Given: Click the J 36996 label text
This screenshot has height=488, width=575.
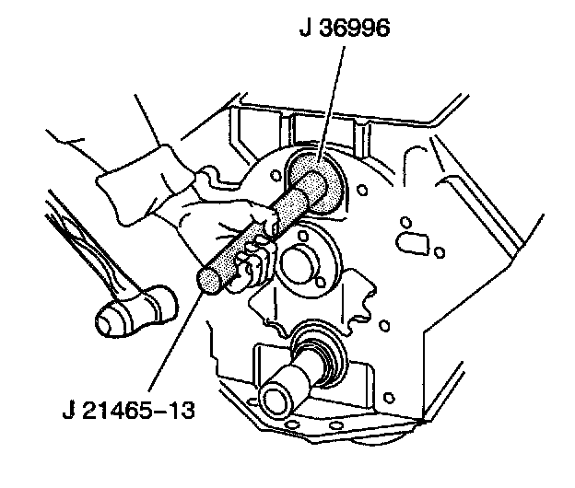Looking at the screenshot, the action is pos(345,29).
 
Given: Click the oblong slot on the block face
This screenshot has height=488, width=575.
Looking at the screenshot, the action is pos(411,240).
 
